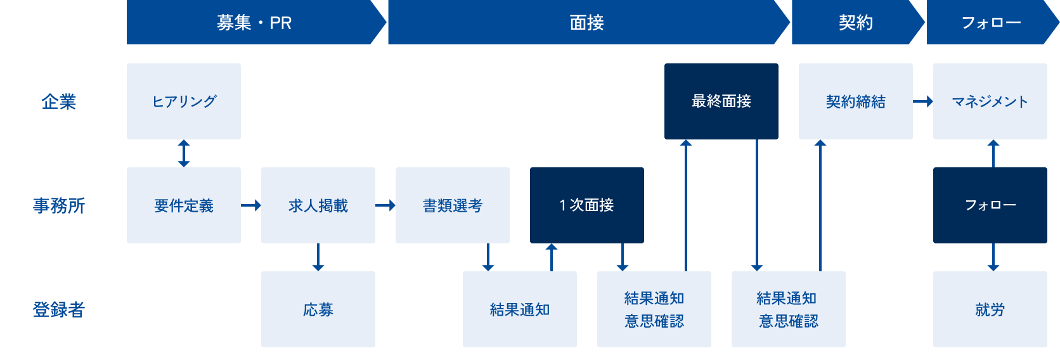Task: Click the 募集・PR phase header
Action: click(x=254, y=23)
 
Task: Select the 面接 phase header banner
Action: click(x=586, y=23)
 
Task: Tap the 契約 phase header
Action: click(x=856, y=23)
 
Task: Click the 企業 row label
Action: click(x=58, y=101)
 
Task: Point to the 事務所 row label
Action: click(x=58, y=205)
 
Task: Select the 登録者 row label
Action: click(x=58, y=309)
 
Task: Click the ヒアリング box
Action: click(x=184, y=101)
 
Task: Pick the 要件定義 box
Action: click(x=184, y=205)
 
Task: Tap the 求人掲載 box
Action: click(x=318, y=205)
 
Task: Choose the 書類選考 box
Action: click(x=453, y=205)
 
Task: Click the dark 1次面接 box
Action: click(x=587, y=205)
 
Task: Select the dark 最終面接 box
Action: click(x=721, y=101)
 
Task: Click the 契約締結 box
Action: click(x=856, y=101)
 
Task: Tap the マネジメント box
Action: click(x=990, y=101)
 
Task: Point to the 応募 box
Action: click(x=318, y=309)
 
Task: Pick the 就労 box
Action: click(x=990, y=309)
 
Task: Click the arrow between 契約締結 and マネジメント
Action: click(x=923, y=101)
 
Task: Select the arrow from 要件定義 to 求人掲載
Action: click(x=251, y=205)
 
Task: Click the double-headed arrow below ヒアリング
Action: click(x=184, y=153)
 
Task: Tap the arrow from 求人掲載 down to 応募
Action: click(x=318, y=257)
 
